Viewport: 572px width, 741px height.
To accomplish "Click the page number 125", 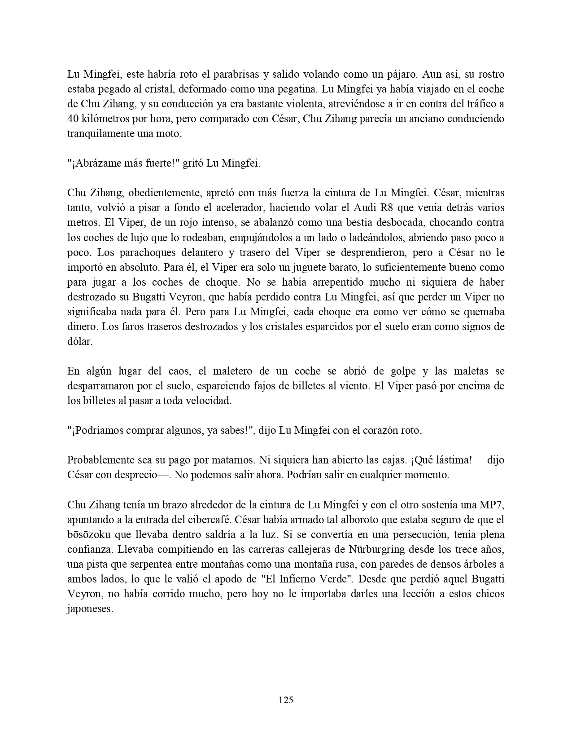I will pos(286,700).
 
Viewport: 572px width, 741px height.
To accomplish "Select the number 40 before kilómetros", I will pos(73,119).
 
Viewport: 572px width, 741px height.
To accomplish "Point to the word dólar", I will pos(79,341).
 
